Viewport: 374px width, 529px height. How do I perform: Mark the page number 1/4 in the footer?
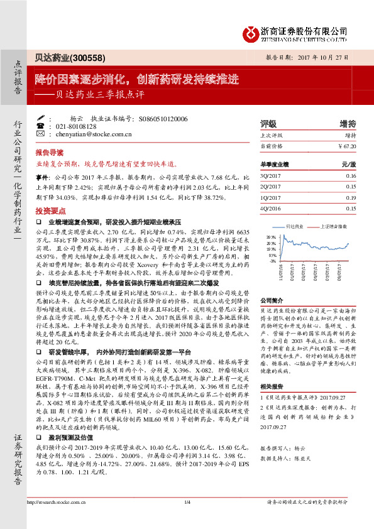(x=187, y=519)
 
